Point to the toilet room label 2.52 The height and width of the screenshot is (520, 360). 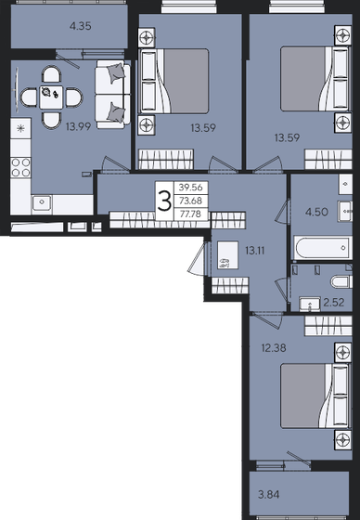point(332,302)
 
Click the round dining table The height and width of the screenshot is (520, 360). point(47,93)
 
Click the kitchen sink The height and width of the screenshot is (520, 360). point(42,201)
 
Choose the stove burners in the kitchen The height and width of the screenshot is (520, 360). point(18,167)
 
